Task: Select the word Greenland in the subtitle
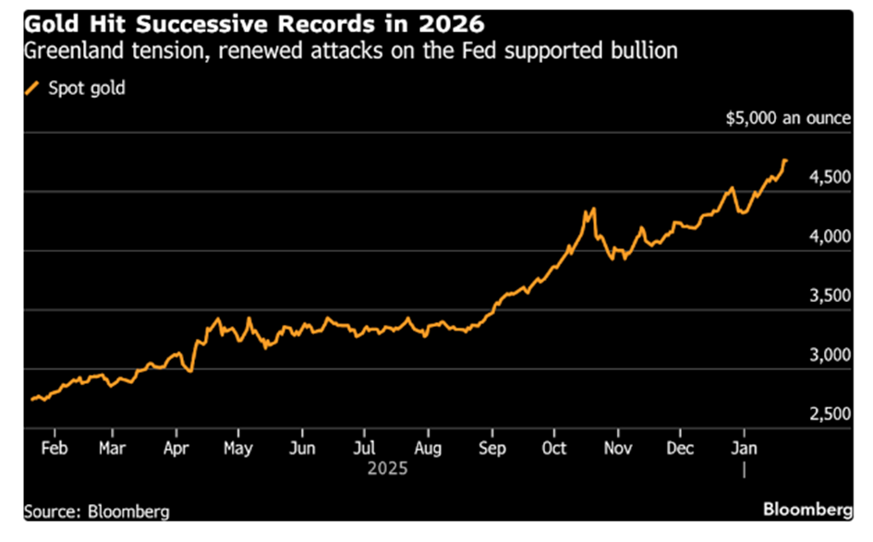point(69,50)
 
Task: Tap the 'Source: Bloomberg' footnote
point(97,511)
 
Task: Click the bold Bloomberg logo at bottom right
point(806,511)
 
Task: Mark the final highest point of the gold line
point(784,161)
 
